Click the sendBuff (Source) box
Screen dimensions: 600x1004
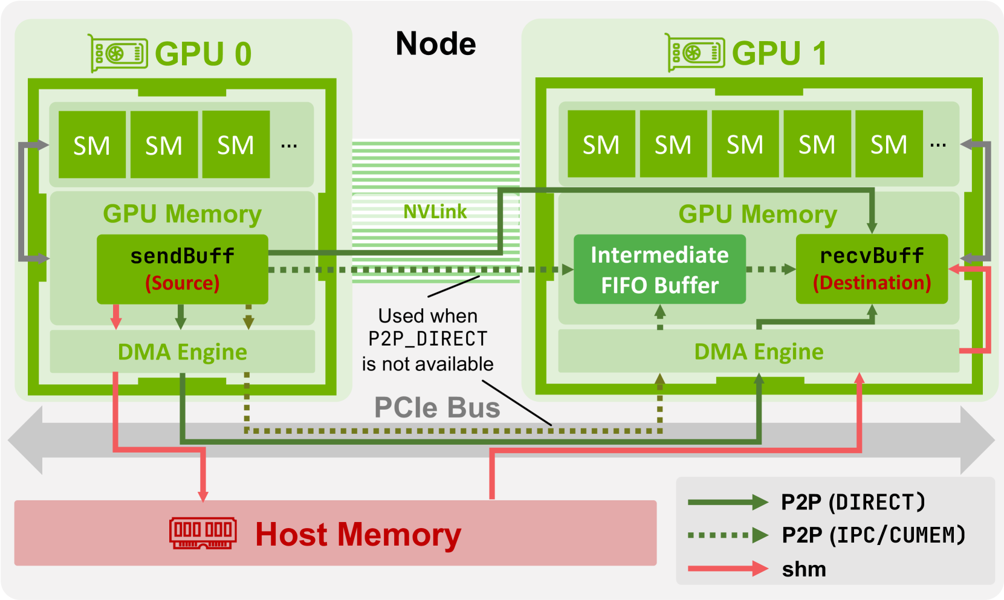tap(182, 269)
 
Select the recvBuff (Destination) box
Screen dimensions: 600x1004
tap(871, 268)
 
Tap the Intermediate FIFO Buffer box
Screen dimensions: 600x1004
tap(659, 269)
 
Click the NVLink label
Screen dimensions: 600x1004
tap(435, 211)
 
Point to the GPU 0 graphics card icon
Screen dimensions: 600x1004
tap(118, 54)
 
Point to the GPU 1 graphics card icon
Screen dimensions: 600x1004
tap(695, 53)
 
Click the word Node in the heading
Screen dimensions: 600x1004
tap(435, 44)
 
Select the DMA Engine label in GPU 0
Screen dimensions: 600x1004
tap(182, 352)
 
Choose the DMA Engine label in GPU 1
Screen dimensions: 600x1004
tap(758, 351)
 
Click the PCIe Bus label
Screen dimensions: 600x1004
tap(437, 407)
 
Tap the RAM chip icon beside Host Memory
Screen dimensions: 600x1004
tap(202, 533)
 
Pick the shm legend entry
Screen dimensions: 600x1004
tap(803, 569)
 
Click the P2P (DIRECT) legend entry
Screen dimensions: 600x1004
tap(852, 502)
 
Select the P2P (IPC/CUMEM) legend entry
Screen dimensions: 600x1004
tap(873, 535)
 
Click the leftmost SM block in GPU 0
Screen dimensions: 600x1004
tap(92, 145)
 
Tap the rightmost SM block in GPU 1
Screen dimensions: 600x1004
tap(888, 144)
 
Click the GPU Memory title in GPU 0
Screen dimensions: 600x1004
tap(182, 214)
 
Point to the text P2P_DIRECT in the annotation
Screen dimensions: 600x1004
tap(427, 339)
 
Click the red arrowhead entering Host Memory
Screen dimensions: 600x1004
tap(203, 495)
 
